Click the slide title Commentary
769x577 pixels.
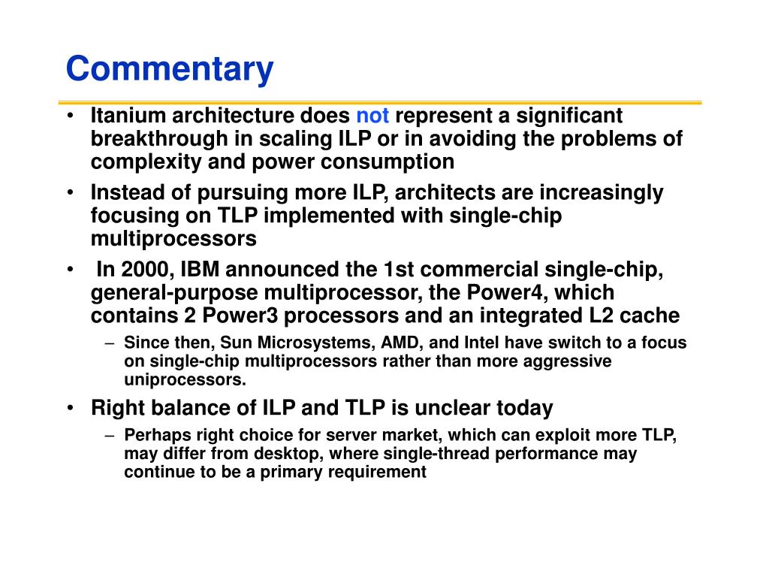point(170,69)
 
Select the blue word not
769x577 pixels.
point(372,116)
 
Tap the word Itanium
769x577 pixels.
point(128,116)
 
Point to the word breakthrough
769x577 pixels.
point(159,139)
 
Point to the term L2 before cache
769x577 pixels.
point(602,316)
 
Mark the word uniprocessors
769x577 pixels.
point(185,379)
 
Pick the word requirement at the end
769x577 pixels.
point(377,473)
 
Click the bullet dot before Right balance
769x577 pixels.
point(71,408)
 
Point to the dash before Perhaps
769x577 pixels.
point(110,435)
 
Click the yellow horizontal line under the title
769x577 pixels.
point(380,103)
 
